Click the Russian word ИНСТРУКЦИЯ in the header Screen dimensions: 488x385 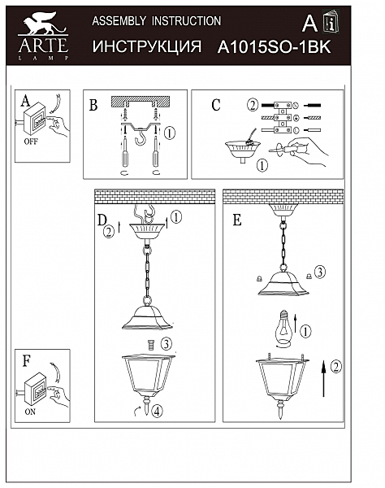147,47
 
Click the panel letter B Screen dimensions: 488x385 93,105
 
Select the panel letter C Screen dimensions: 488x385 215,104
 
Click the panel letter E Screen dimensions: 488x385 236,220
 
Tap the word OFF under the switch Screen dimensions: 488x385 31,141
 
